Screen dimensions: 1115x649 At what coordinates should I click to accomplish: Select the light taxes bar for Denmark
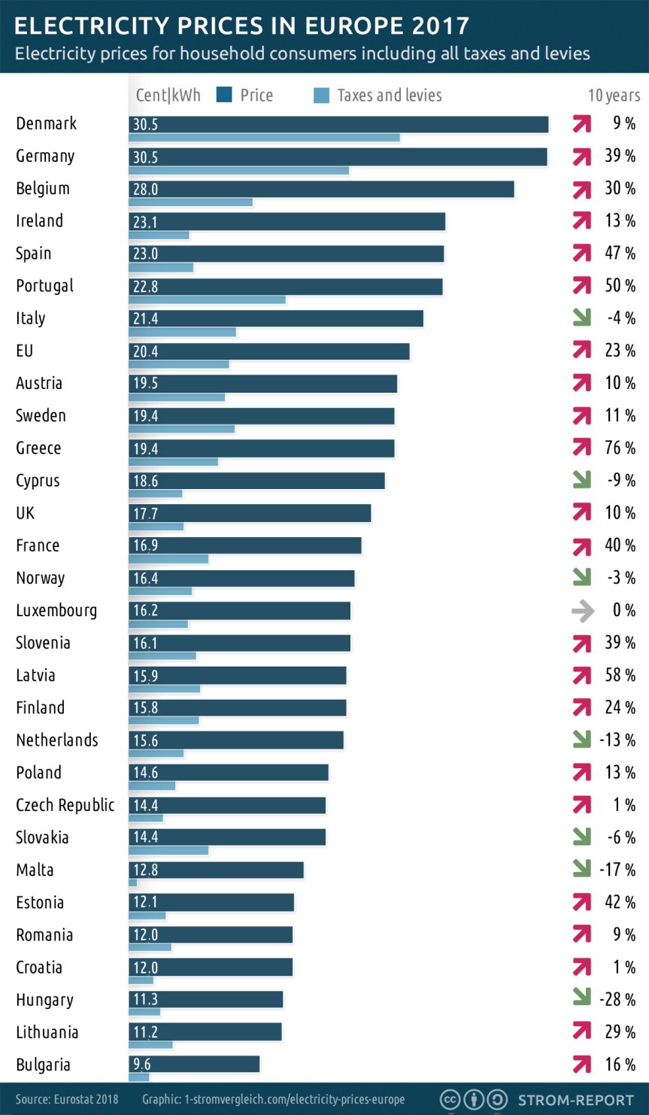click(264, 138)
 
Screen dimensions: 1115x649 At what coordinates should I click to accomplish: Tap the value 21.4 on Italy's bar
click(145, 319)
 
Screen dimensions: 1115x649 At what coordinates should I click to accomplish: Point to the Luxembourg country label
click(56, 610)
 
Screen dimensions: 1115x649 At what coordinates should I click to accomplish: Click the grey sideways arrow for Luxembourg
click(582, 611)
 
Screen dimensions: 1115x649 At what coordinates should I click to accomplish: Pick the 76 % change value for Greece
click(620, 448)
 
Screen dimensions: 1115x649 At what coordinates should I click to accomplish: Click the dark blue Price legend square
click(223, 95)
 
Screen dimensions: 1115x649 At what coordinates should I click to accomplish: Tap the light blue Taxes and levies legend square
click(321, 95)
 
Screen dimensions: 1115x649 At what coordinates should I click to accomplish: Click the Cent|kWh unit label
click(168, 95)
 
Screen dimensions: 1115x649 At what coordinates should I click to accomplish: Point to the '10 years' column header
click(614, 96)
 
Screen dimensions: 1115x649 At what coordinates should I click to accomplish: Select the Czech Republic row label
click(65, 805)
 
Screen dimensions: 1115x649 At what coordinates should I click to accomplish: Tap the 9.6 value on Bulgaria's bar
click(141, 1064)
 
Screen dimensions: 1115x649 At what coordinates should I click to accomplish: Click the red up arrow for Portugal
click(581, 286)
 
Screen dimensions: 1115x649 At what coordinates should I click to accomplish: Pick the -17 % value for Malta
click(617, 870)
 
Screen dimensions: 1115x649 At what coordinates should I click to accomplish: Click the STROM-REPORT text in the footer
click(576, 1100)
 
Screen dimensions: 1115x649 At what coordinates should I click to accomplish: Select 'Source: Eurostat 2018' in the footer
click(67, 1099)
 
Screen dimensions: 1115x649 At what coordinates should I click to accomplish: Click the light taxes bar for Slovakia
click(168, 850)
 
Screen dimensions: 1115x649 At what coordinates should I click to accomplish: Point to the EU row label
click(25, 351)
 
